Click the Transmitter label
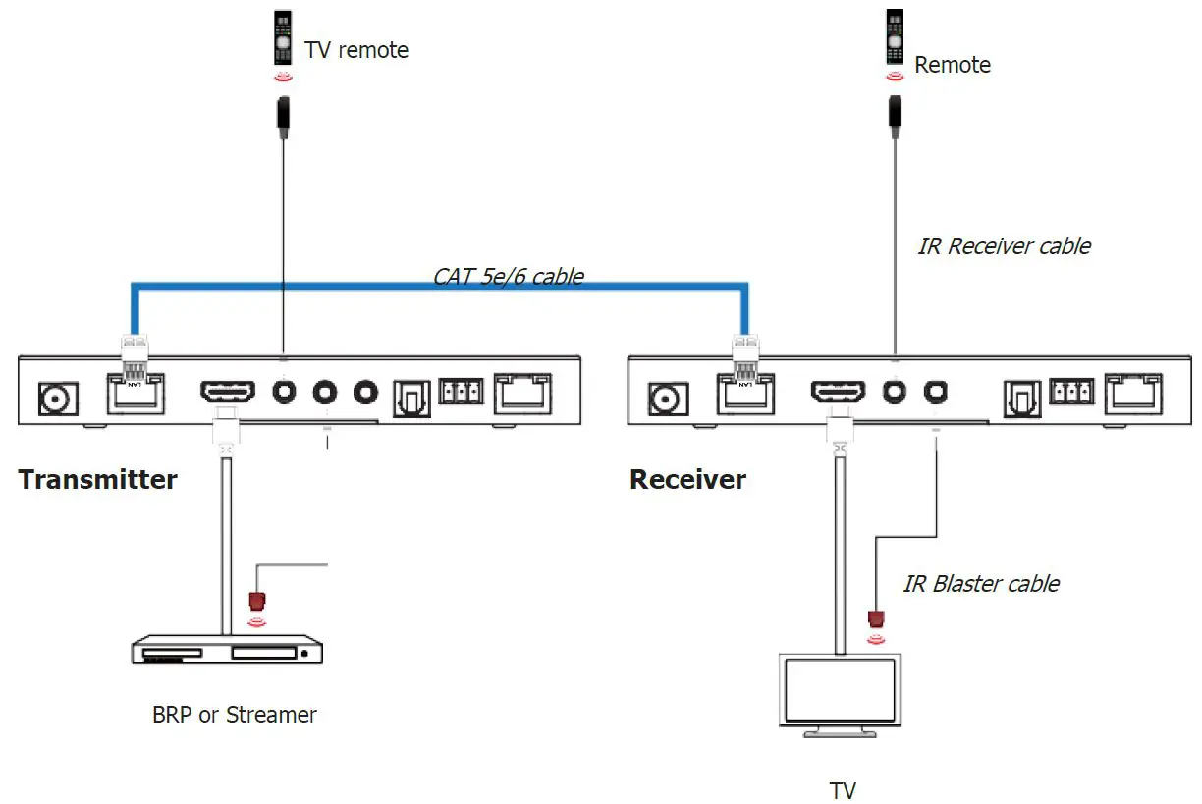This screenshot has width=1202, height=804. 98,480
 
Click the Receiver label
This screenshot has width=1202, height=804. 687,480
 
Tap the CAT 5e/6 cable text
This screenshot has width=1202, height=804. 509,276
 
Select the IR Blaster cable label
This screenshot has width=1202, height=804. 981,584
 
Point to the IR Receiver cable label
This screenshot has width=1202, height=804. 1004,246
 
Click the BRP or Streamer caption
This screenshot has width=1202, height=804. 235,715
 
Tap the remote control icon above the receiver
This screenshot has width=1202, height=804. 895,38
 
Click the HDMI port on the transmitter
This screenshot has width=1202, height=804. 228,393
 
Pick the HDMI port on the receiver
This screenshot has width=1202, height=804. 838,393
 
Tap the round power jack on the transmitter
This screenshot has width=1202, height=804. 54,398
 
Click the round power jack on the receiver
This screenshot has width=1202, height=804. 666,398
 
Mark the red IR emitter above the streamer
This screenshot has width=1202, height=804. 258,600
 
